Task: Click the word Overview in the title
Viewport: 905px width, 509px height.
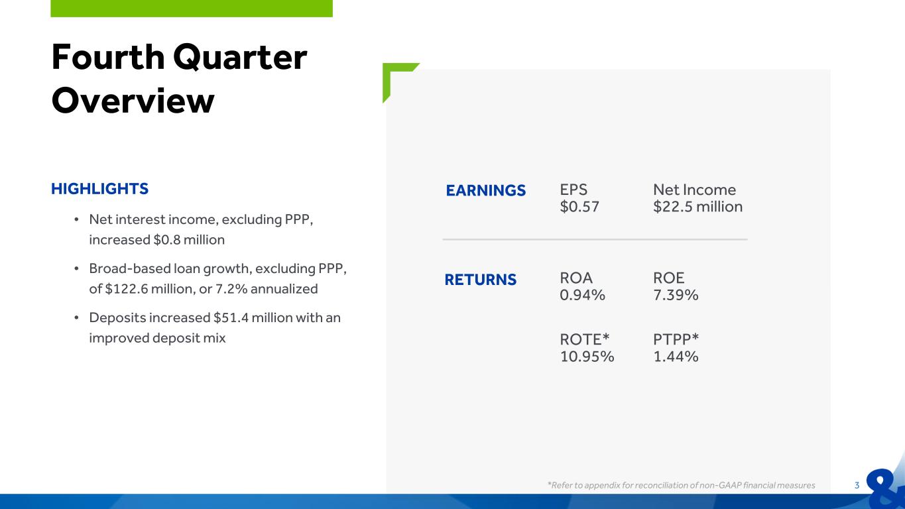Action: pyautogui.click(x=133, y=101)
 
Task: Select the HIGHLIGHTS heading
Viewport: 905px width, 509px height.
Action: pyautogui.click(x=100, y=189)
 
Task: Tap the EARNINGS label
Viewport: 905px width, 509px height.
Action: pyautogui.click(x=485, y=190)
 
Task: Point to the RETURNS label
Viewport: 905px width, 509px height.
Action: pyautogui.click(x=481, y=280)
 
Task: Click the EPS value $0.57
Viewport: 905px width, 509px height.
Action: pyautogui.click(x=579, y=207)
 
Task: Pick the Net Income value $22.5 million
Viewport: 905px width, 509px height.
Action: pyautogui.click(x=697, y=207)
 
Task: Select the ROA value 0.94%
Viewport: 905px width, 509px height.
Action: pyautogui.click(x=582, y=295)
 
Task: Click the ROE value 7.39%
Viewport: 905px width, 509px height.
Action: pyautogui.click(x=676, y=295)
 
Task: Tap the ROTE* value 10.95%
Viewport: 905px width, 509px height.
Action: pyautogui.click(x=587, y=357)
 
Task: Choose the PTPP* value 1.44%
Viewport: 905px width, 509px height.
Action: pyautogui.click(x=676, y=357)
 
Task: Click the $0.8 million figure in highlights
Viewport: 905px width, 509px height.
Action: pyautogui.click(x=189, y=240)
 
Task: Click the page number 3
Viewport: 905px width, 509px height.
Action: pyautogui.click(x=857, y=486)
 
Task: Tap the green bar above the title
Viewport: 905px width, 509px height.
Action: pyautogui.click(x=192, y=9)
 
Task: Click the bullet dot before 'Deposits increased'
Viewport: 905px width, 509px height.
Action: pyautogui.click(x=76, y=318)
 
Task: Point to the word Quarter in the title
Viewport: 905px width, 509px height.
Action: pyautogui.click(x=240, y=58)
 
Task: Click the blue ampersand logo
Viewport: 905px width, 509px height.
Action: pyautogui.click(x=885, y=486)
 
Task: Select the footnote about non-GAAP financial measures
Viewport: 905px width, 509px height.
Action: pyautogui.click(x=681, y=485)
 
